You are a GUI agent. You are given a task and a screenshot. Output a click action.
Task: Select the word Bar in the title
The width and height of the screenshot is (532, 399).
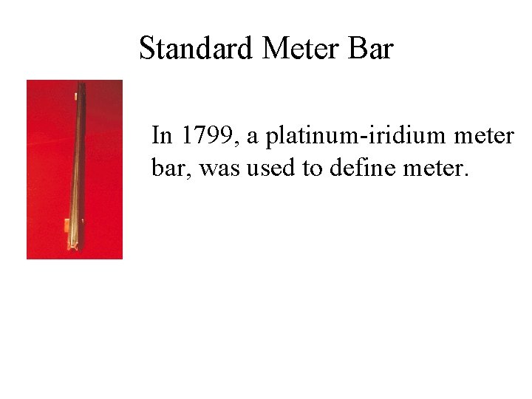click(x=374, y=49)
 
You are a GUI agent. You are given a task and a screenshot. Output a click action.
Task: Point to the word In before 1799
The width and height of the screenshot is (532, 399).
click(x=163, y=136)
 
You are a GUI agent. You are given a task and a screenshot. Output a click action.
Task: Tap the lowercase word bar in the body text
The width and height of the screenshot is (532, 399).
click(x=166, y=168)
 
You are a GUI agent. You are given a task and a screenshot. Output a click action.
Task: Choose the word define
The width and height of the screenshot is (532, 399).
click(x=353, y=168)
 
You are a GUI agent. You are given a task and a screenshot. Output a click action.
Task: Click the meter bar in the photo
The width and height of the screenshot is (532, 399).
click(x=79, y=163)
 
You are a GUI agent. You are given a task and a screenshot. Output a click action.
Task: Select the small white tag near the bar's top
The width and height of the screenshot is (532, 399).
click(x=76, y=95)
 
